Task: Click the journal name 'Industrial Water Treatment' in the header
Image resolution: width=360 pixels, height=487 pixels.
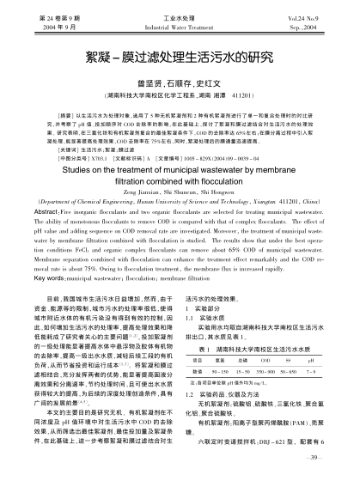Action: tap(180, 26)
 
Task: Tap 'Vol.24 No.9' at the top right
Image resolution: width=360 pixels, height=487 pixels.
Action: tap(306, 16)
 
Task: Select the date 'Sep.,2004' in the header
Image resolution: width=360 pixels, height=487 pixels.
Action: tap(310, 26)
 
